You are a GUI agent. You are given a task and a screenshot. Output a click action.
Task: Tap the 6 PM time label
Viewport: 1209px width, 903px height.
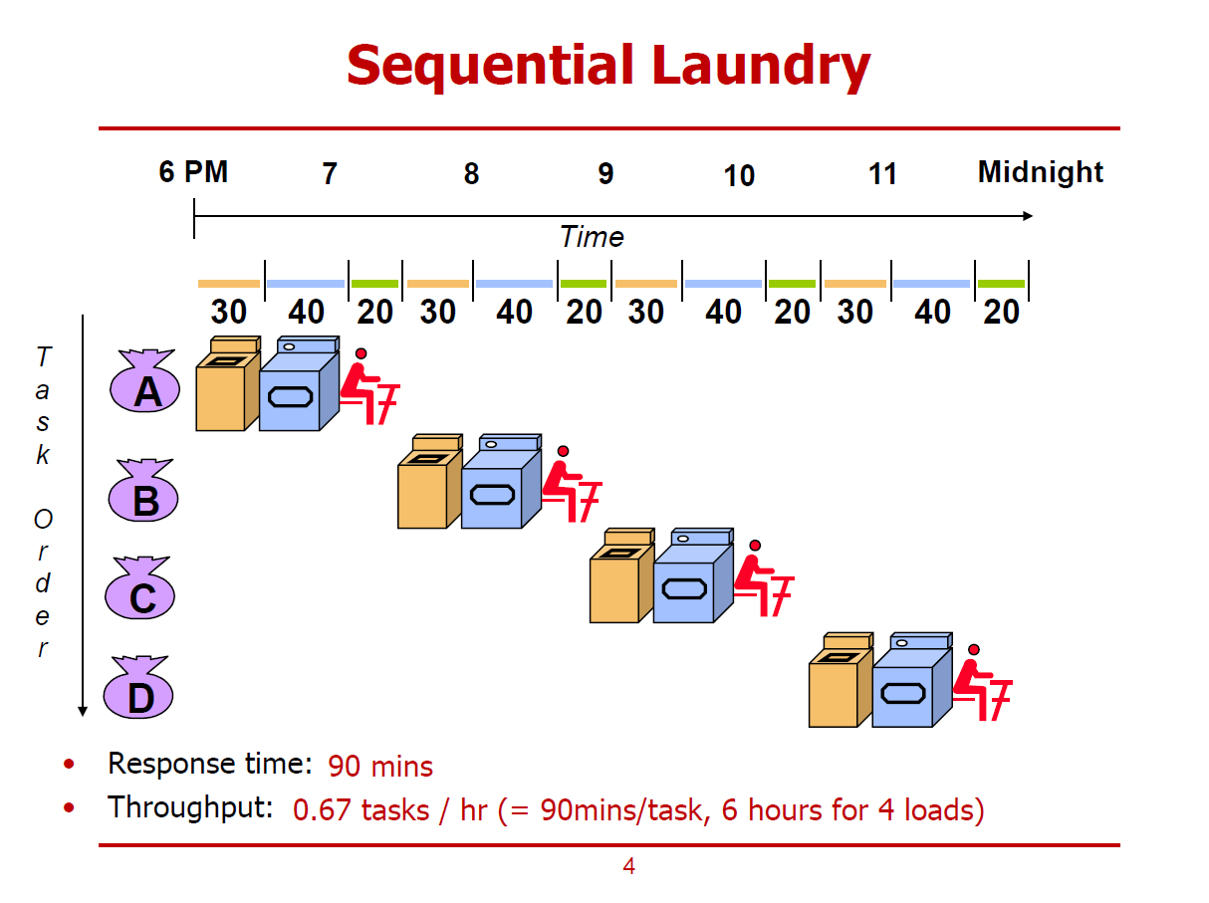click(193, 172)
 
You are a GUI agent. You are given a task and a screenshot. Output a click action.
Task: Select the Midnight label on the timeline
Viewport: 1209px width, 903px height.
click(1040, 172)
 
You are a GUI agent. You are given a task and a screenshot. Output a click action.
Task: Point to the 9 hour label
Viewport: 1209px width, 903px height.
click(605, 174)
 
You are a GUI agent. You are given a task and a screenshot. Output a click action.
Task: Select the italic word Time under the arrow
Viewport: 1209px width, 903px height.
click(592, 237)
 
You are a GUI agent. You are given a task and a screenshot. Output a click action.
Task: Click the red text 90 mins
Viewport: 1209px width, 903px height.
click(380, 767)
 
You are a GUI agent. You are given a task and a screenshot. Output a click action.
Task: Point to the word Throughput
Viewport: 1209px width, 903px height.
click(190, 807)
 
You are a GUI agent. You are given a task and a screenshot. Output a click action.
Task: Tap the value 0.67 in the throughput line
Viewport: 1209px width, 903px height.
click(322, 810)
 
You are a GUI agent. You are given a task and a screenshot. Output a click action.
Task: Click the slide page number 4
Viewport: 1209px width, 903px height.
click(628, 867)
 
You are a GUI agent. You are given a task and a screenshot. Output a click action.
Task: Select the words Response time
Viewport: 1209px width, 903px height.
click(210, 764)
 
